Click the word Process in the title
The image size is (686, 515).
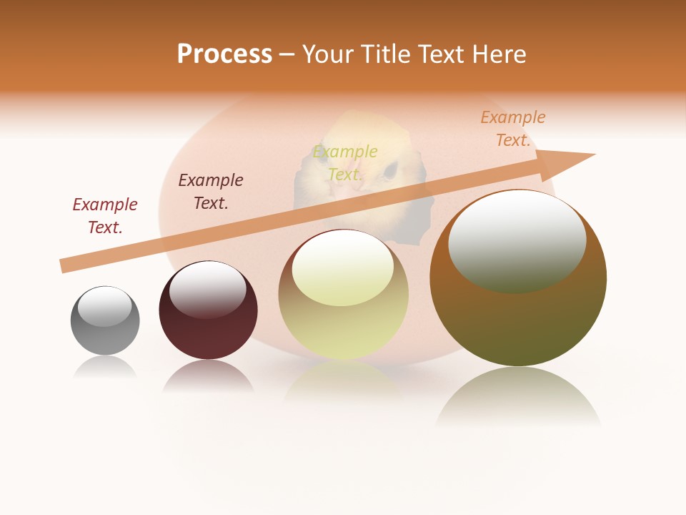point(224,54)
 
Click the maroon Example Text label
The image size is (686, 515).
point(105,216)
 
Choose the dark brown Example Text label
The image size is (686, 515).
point(211,192)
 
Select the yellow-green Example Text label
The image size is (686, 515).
point(345,162)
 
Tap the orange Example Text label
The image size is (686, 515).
point(513,129)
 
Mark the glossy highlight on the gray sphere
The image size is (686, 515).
point(105,306)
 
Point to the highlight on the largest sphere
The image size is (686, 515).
point(517,240)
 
